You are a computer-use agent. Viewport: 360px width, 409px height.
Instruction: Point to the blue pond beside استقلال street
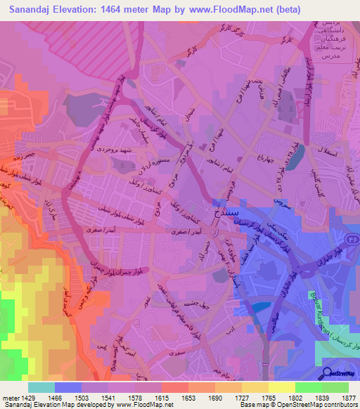295,153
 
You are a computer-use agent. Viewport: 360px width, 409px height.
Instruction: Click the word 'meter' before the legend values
9,398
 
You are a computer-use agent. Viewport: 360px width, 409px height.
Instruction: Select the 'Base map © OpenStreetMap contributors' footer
297,405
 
